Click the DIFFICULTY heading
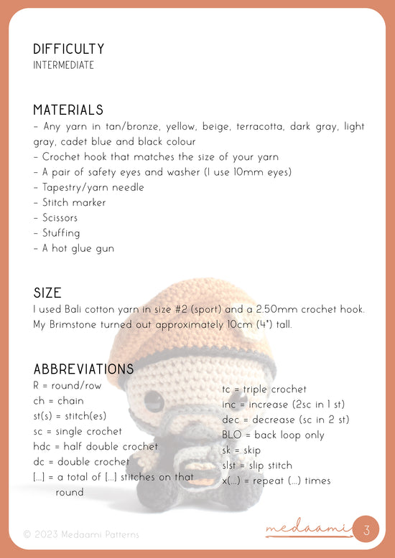68,49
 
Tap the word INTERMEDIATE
63,65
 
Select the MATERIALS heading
68,110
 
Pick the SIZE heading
47,293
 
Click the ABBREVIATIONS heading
83,369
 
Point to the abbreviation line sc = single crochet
78,432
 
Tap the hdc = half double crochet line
96,447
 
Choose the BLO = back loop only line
273,435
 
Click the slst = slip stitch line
257,465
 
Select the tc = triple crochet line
264,389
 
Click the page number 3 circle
366,531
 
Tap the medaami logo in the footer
307,531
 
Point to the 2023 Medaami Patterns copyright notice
81,534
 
